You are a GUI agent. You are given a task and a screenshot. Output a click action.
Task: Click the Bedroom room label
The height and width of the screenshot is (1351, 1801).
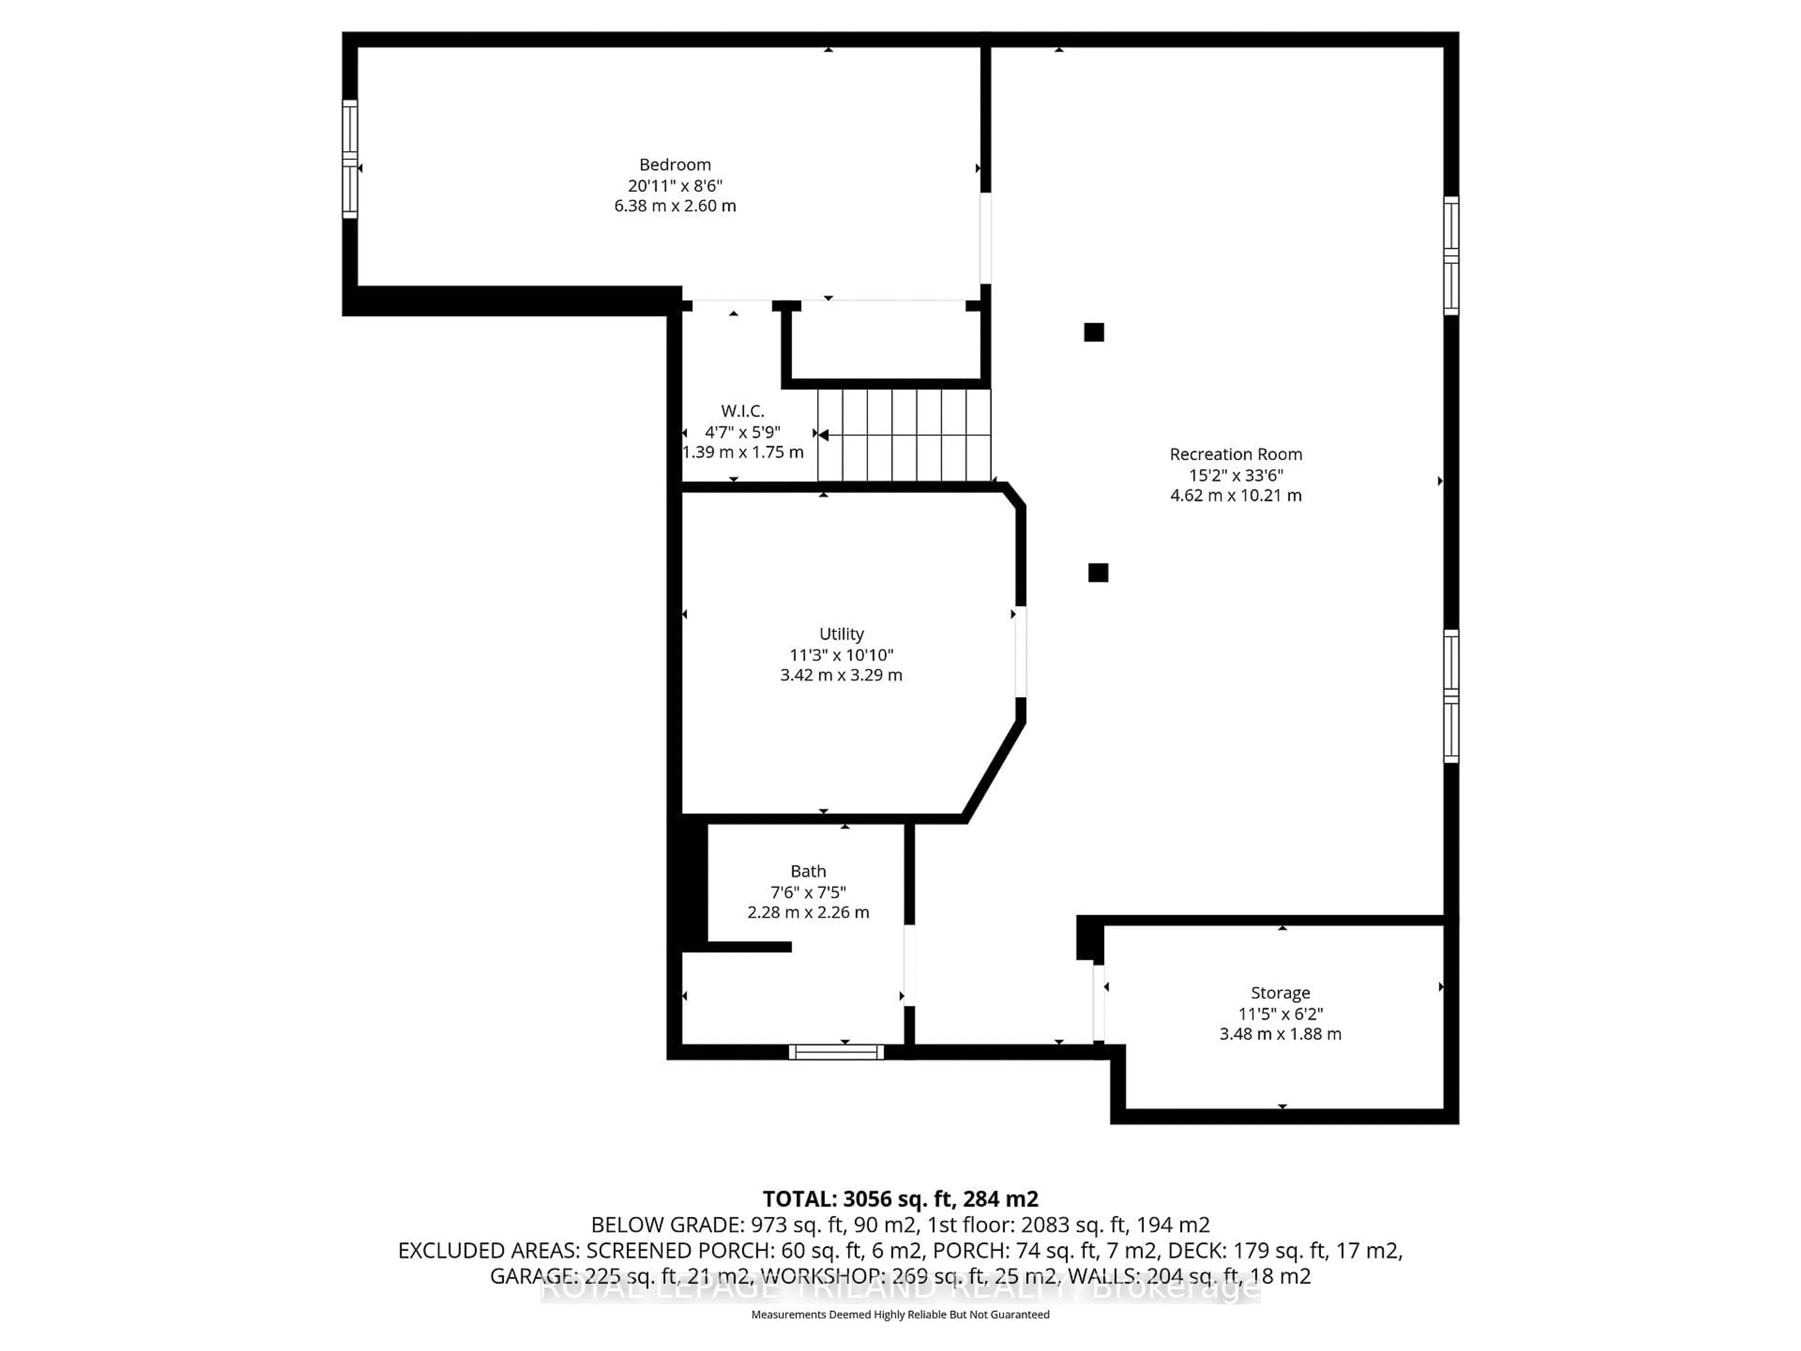(675, 165)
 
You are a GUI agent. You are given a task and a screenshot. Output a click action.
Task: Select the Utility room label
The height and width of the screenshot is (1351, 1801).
(841, 634)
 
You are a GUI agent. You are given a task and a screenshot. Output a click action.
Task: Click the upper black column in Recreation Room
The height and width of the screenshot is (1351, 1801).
(1093, 332)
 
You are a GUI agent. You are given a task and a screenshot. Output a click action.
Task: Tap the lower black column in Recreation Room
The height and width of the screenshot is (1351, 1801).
(1097, 572)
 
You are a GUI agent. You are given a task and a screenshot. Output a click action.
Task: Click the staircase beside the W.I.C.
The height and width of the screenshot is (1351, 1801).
(904, 436)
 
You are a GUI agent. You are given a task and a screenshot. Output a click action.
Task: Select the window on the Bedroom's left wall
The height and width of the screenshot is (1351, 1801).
(349, 159)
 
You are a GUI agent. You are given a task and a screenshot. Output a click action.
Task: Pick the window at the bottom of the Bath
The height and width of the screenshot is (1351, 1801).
(836, 1052)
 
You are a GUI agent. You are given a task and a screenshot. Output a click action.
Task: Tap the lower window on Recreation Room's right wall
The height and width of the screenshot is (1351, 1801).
(1451, 696)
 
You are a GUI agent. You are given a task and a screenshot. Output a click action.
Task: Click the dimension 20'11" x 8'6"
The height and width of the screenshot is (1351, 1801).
(675, 186)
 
